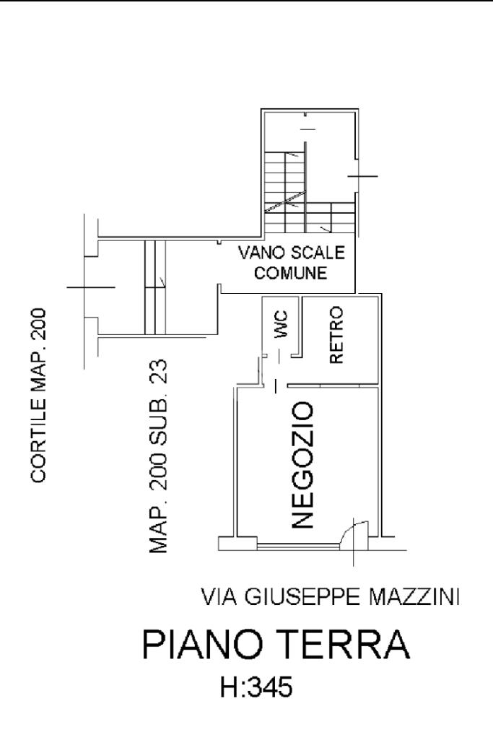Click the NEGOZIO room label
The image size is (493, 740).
click(302, 466)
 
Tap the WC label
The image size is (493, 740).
click(282, 323)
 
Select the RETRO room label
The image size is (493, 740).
click(336, 335)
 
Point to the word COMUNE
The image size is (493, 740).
click(291, 273)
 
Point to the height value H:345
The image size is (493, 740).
click(256, 687)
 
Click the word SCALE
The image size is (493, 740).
click(318, 253)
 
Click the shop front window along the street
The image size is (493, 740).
click(300, 545)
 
